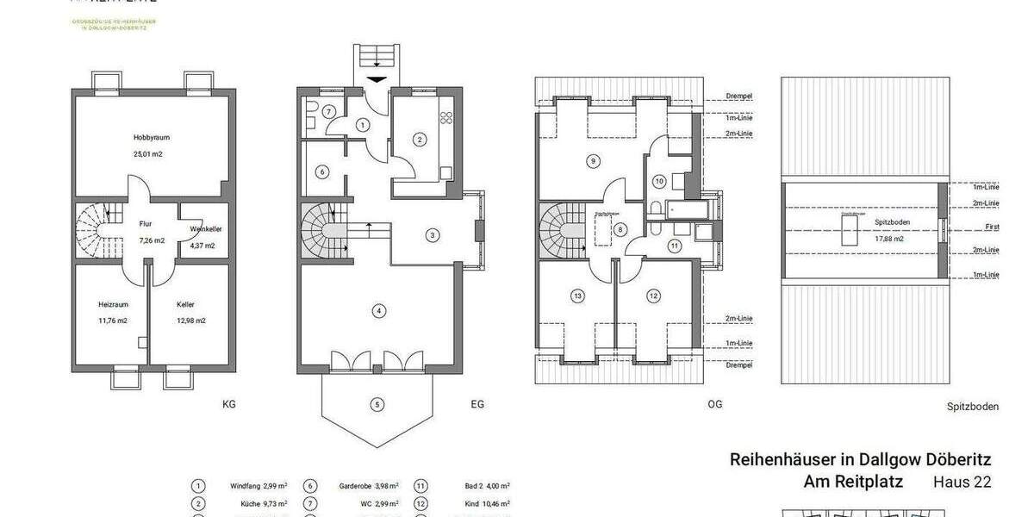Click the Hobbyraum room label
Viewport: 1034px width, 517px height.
pos(148,137)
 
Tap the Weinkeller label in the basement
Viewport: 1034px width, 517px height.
pos(204,229)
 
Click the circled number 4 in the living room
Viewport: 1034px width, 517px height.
pos(377,310)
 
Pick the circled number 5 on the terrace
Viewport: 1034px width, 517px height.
pos(377,403)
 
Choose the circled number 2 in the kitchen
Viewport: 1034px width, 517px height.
pos(420,139)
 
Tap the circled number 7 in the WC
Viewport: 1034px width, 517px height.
pos(328,111)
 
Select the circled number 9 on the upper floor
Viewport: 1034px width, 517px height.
pos(592,160)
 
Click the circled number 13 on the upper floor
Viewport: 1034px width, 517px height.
pos(577,296)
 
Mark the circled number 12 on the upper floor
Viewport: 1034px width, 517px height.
pos(653,296)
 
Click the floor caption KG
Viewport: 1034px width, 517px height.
pos(228,403)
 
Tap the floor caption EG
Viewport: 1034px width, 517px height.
pos(477,403)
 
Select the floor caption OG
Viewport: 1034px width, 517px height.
pos(714,403)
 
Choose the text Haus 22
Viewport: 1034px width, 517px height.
pos(962,483)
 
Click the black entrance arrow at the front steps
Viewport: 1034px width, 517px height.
pos(377,79)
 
